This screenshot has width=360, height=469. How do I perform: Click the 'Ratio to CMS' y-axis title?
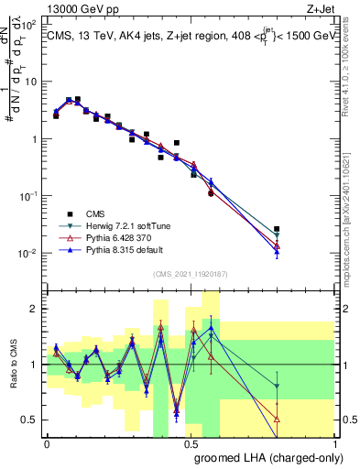[12, 365]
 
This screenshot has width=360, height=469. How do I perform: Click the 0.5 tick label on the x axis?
[191, 442]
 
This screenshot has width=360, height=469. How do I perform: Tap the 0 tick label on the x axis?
[47, 442]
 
